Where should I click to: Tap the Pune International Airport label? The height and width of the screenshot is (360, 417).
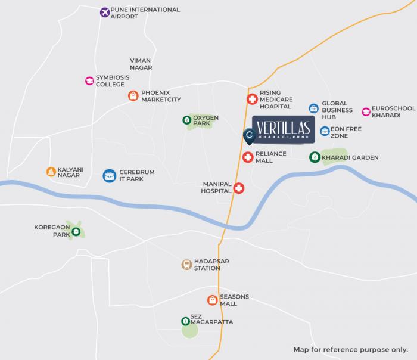click(x=145, y=13)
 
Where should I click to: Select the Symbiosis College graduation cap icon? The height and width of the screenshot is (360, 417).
click(x=89, y=81)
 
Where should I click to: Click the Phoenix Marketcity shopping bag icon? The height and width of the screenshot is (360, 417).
click(x=133, y=95)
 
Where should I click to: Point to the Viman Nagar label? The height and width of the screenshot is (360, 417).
click(x=141, y=64)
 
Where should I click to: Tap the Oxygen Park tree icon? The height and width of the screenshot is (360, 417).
click(x=186, y=120)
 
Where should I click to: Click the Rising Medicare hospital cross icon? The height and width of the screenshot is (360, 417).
click(x=251, y=100)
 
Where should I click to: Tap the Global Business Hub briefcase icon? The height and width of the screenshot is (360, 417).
click(x=313, y=108)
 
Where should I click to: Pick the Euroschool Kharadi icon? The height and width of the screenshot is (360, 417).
click(x=366, y=111)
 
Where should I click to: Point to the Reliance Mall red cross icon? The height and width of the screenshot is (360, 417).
click(x=248, y=157)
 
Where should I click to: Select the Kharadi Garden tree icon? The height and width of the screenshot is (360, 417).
click(x=313, y=157)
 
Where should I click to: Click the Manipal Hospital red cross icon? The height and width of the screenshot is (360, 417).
click(x=239, y=188)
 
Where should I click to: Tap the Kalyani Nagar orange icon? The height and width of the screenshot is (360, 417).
click(x=51, y=172)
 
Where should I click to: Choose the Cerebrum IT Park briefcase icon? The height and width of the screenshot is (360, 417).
click(x=109, y=175)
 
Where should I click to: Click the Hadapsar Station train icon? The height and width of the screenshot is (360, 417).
click(x=186, y=265)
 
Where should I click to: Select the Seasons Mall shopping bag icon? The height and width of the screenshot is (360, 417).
click(x=212, y=300)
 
